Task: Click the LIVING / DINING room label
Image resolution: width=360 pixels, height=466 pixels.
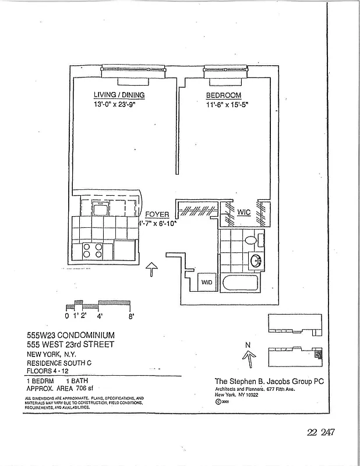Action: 119,95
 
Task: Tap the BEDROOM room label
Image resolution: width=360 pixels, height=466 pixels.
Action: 223,95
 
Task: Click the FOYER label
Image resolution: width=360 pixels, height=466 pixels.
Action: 157,214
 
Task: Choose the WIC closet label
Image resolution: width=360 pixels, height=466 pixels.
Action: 243,213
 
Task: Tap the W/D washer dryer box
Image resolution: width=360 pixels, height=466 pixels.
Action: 207,283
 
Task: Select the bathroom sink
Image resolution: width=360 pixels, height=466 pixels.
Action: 255,260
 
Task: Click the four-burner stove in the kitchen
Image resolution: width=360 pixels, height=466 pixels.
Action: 92,250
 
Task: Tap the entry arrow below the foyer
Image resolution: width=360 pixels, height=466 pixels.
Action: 151,269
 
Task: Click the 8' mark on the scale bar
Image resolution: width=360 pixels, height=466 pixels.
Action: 132,316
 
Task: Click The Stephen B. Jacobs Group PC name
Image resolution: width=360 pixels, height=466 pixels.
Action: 269,382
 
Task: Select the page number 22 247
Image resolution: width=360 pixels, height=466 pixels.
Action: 320,432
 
